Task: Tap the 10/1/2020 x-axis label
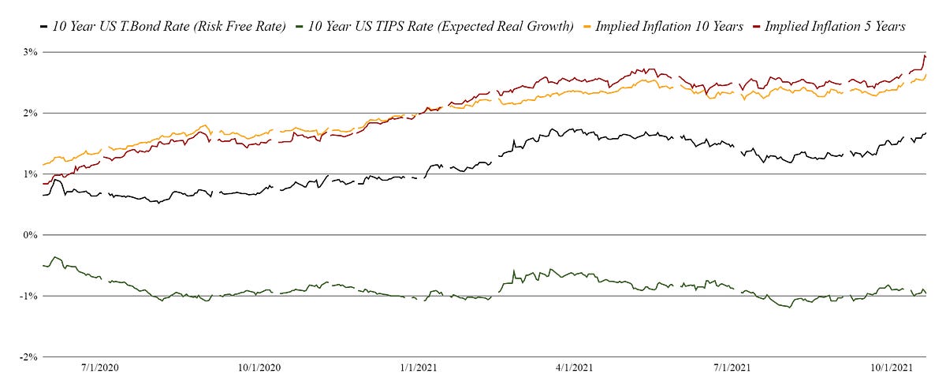259,368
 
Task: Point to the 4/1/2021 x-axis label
573,368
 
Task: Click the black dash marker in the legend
43,27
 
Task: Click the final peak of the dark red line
925,55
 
